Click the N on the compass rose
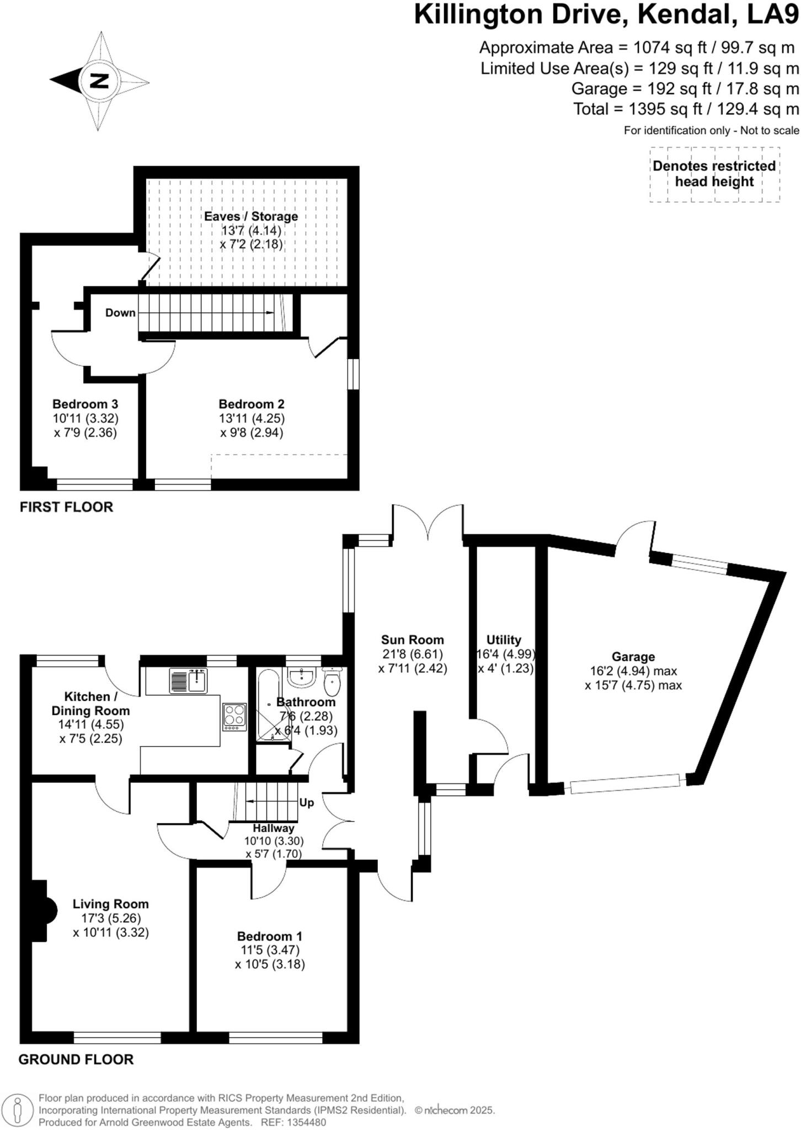99,82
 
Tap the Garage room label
633,657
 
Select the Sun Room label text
412,639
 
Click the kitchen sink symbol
188,680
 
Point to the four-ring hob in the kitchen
234,717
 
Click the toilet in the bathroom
333,683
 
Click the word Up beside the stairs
307,802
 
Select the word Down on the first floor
120,313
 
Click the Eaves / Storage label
251,216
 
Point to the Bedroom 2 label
252,404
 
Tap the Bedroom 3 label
86,404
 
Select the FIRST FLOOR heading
66,507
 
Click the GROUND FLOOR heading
76,1059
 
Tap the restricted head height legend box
714,174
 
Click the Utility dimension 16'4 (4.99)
505,654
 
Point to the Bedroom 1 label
270,936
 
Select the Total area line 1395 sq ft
686,109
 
